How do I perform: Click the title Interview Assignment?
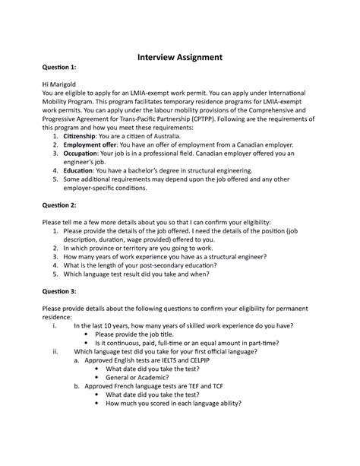point(179,57)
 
